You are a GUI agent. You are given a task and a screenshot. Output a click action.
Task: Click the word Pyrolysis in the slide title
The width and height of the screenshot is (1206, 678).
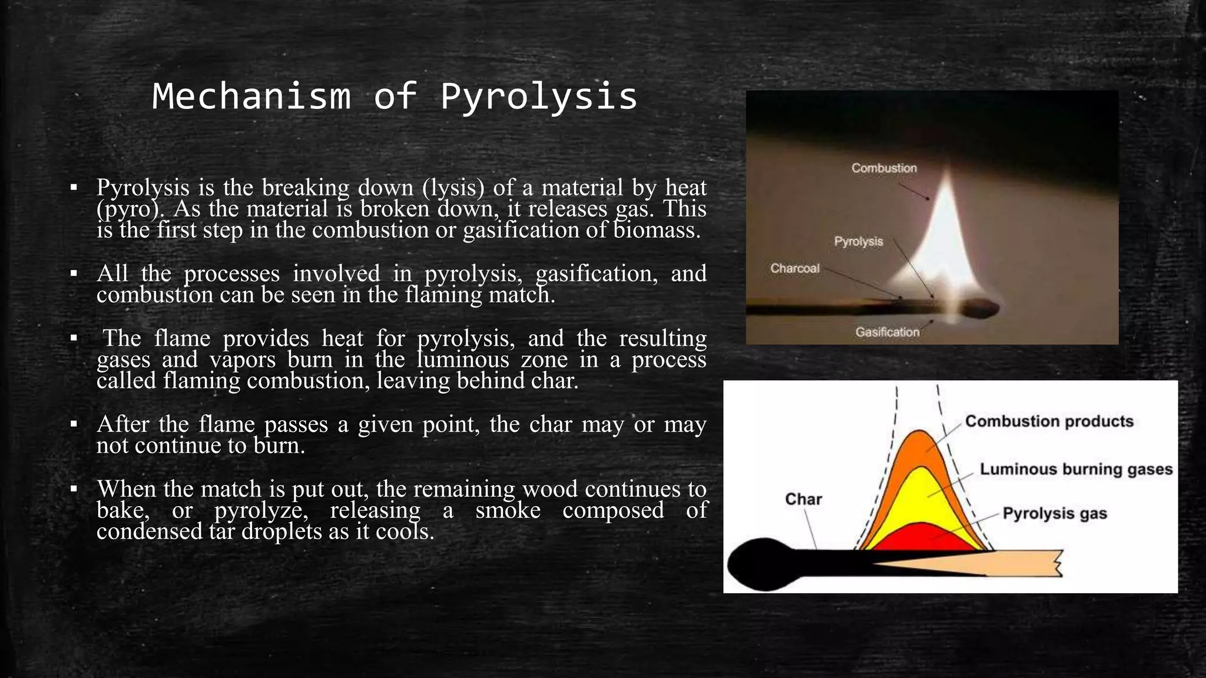[x=539, y=97]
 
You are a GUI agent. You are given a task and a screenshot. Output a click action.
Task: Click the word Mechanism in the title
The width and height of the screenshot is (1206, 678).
[x=251, y=97]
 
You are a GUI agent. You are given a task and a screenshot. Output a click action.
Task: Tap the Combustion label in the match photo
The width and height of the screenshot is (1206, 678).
[x=884, y=168]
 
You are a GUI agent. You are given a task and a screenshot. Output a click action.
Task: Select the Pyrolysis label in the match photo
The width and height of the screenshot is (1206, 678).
[x=858, y=242]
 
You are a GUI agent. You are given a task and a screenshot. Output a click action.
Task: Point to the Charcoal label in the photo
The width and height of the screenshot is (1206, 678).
[x=794, y=268]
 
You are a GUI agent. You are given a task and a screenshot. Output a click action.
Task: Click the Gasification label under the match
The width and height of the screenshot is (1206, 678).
[x=887, y=333]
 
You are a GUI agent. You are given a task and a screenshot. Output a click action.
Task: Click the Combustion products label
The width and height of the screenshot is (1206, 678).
[x=1049, y=421]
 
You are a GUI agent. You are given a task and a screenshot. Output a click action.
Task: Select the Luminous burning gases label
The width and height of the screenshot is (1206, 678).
[x=1076, y=469]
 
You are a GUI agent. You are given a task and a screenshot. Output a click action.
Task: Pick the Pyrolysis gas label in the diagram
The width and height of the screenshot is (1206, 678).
[x=1054, y=514]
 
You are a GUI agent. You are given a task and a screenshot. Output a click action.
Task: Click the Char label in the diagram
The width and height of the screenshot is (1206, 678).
[x=803, y=500]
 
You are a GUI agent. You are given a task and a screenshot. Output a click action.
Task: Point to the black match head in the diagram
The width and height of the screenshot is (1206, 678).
[x=763, y=564]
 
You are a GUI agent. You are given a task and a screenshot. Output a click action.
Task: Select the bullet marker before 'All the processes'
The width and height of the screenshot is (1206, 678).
[x=74, y=274]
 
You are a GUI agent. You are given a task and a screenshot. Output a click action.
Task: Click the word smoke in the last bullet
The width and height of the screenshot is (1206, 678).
[x=508, y=510]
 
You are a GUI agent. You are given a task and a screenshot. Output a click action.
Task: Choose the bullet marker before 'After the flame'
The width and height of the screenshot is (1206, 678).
[x=74, y=424]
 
